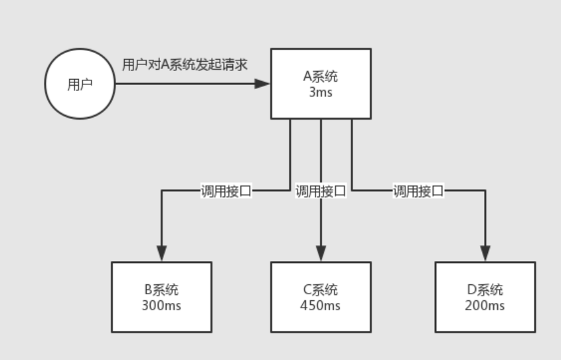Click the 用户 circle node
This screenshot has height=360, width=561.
(80, 84)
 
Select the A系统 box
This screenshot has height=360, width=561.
(321, 84)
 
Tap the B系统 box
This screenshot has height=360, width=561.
(161, 297)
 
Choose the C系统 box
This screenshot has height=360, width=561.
(321, 297)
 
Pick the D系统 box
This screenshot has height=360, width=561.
(485, 297)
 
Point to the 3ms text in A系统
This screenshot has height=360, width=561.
(321, 92)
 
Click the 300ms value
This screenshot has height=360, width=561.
(161, 306)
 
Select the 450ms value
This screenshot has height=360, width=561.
(321, 306)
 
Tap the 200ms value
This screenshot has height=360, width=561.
(485, 306)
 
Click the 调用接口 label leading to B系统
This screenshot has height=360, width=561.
(226, 192)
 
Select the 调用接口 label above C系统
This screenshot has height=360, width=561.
(321, 192)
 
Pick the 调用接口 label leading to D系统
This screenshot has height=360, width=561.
(418, 192)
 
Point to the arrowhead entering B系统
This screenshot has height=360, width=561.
(161, 254)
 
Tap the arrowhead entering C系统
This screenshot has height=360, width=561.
(321, 254)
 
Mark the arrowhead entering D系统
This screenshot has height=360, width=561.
(485, 254)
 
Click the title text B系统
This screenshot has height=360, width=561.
(161, 290)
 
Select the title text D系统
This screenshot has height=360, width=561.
(485, 290)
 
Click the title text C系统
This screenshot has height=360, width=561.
(321, 290)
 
